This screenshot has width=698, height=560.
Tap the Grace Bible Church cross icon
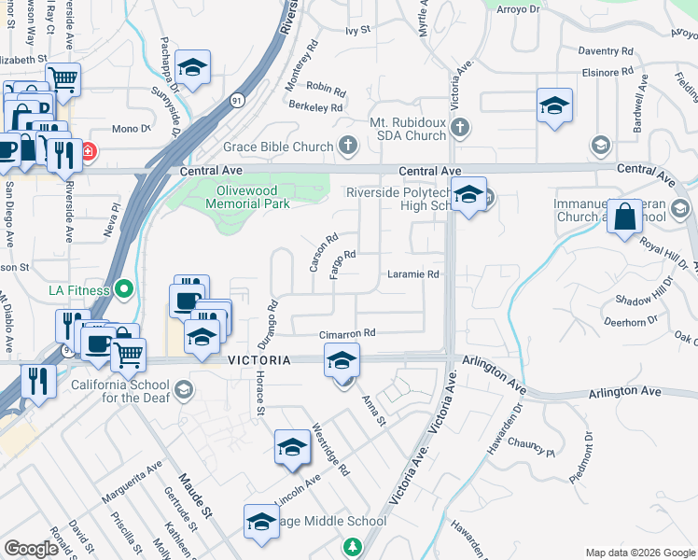(x=347, y=146)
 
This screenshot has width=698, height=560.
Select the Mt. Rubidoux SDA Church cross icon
(x=458, y=126)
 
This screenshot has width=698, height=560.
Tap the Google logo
(x=31, y=549)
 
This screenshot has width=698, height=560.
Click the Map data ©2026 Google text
(x=639, y=552)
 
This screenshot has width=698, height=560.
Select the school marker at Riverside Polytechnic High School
(x=469, y=195)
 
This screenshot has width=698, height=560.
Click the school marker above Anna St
(x=342, y=359)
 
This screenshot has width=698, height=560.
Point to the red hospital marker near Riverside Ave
(x=87, y=150)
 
